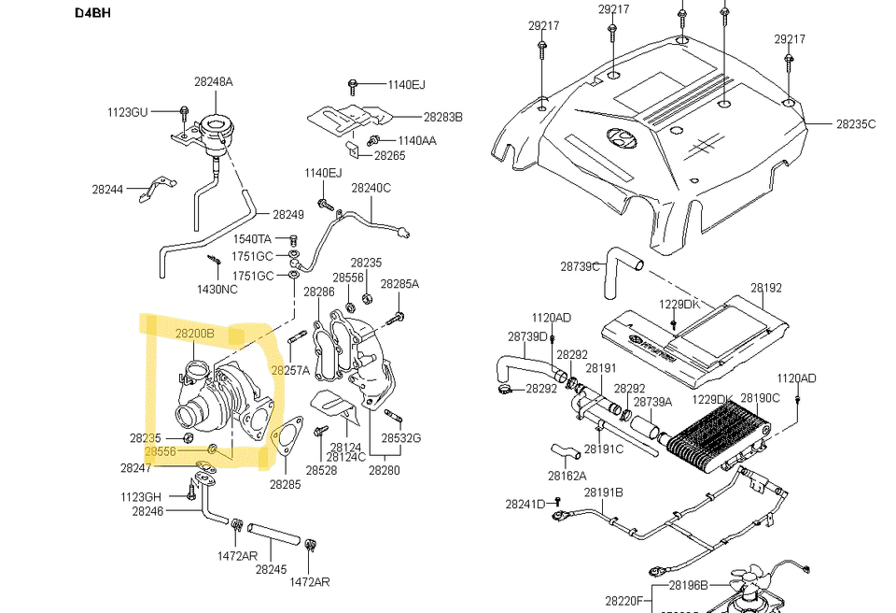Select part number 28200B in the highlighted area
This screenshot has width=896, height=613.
[194, 333]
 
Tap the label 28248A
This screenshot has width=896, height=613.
[213, 81]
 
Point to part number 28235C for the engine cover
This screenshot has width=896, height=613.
[855, 123]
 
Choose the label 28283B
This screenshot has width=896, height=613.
[442, 117]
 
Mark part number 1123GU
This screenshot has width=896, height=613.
[127, 112]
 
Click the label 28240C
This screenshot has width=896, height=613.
[371, 188]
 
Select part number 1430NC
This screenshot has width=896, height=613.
[217, 289]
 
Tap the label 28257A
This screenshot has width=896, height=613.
[290, 370]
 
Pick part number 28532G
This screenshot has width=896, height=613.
[400, 437]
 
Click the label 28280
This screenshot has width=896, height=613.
[383, 470]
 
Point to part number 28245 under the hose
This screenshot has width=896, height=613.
[271, 568]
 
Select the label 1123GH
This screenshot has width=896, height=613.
[140, 496]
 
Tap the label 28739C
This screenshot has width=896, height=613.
[580, 266]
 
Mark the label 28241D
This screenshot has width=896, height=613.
[525, 504]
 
